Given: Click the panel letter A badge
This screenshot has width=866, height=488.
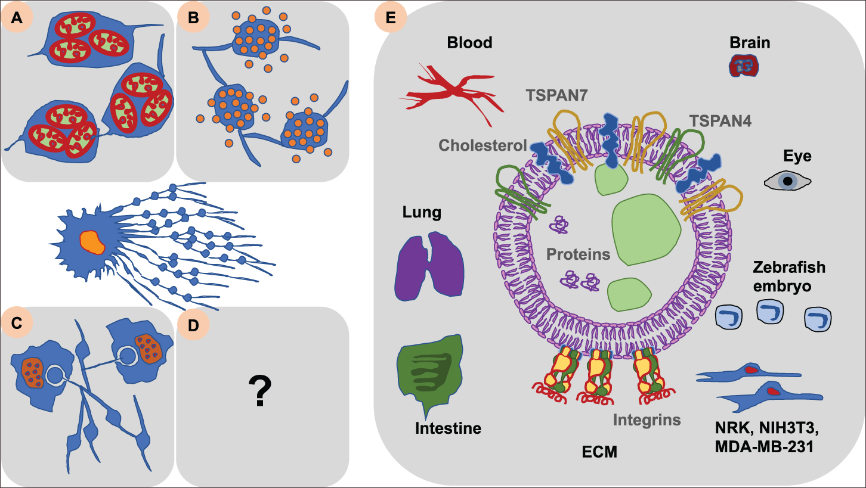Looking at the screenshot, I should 18,19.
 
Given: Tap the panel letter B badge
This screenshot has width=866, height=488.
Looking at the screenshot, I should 193,19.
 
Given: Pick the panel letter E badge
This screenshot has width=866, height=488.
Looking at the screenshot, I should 391,19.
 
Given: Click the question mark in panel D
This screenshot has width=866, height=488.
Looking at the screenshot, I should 260,391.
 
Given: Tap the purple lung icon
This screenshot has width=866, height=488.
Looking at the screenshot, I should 429,265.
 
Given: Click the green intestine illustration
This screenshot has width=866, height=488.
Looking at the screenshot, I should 429,372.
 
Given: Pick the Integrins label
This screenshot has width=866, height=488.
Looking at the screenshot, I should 647,420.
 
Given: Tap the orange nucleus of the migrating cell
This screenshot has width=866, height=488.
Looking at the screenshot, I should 93,241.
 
